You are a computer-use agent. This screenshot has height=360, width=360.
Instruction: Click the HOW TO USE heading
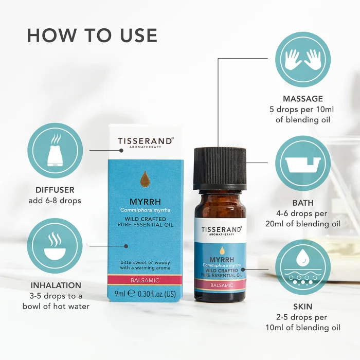[x=92, y=35]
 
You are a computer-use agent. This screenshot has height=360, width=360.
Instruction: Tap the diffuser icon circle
[x=55, y=150]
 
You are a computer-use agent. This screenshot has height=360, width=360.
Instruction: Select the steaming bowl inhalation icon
[x=55, y=246]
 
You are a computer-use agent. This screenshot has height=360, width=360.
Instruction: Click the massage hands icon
[x=303, y=59]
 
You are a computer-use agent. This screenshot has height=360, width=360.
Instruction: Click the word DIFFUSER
[x=55, y=190]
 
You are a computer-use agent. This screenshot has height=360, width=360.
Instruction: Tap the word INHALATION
[x=56, y=285]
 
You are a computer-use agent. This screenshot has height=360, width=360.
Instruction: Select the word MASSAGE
[x=303, y=99]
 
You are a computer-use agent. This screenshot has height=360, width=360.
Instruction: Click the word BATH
[x=303, y=203]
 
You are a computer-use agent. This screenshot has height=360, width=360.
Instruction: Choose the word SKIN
[x=303, y=307]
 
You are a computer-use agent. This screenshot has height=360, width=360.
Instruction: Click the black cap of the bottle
[x=220, y=169]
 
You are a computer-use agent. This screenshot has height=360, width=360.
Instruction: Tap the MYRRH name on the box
[x=146, y=202]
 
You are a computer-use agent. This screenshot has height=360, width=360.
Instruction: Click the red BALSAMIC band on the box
[x=145, y=280]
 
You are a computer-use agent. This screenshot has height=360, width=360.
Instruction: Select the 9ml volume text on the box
[x=120, y=294]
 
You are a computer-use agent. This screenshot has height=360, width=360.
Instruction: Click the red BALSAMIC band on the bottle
[x=221, y=285]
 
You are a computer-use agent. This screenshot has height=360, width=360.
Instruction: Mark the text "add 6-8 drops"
[x=55, y=201]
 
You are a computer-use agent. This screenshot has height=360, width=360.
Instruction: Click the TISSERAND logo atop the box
[x=146, y=142]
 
